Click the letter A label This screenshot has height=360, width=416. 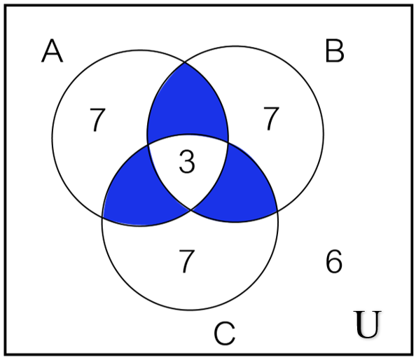(53, 50)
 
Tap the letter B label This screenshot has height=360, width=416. (335, 50)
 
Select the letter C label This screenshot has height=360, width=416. (224, 333)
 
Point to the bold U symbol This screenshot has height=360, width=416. (368, 324)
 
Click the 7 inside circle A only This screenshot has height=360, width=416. (97, 120)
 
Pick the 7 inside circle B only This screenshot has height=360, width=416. (271, 118)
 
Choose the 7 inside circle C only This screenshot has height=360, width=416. (187, 261)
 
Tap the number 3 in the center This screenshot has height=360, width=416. (187, 161)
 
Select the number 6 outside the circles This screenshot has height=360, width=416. (334, 261)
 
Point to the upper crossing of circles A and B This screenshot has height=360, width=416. (185, 62)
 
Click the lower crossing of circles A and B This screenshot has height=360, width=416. (191, 210)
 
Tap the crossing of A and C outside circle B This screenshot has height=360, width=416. (103, 217)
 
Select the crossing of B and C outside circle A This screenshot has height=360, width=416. (277, 212)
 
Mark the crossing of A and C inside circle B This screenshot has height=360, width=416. (228, 143)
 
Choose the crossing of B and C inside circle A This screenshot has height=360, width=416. (148, 145)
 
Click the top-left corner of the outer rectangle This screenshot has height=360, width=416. (6, 6)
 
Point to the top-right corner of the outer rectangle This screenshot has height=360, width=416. (412, 6)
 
